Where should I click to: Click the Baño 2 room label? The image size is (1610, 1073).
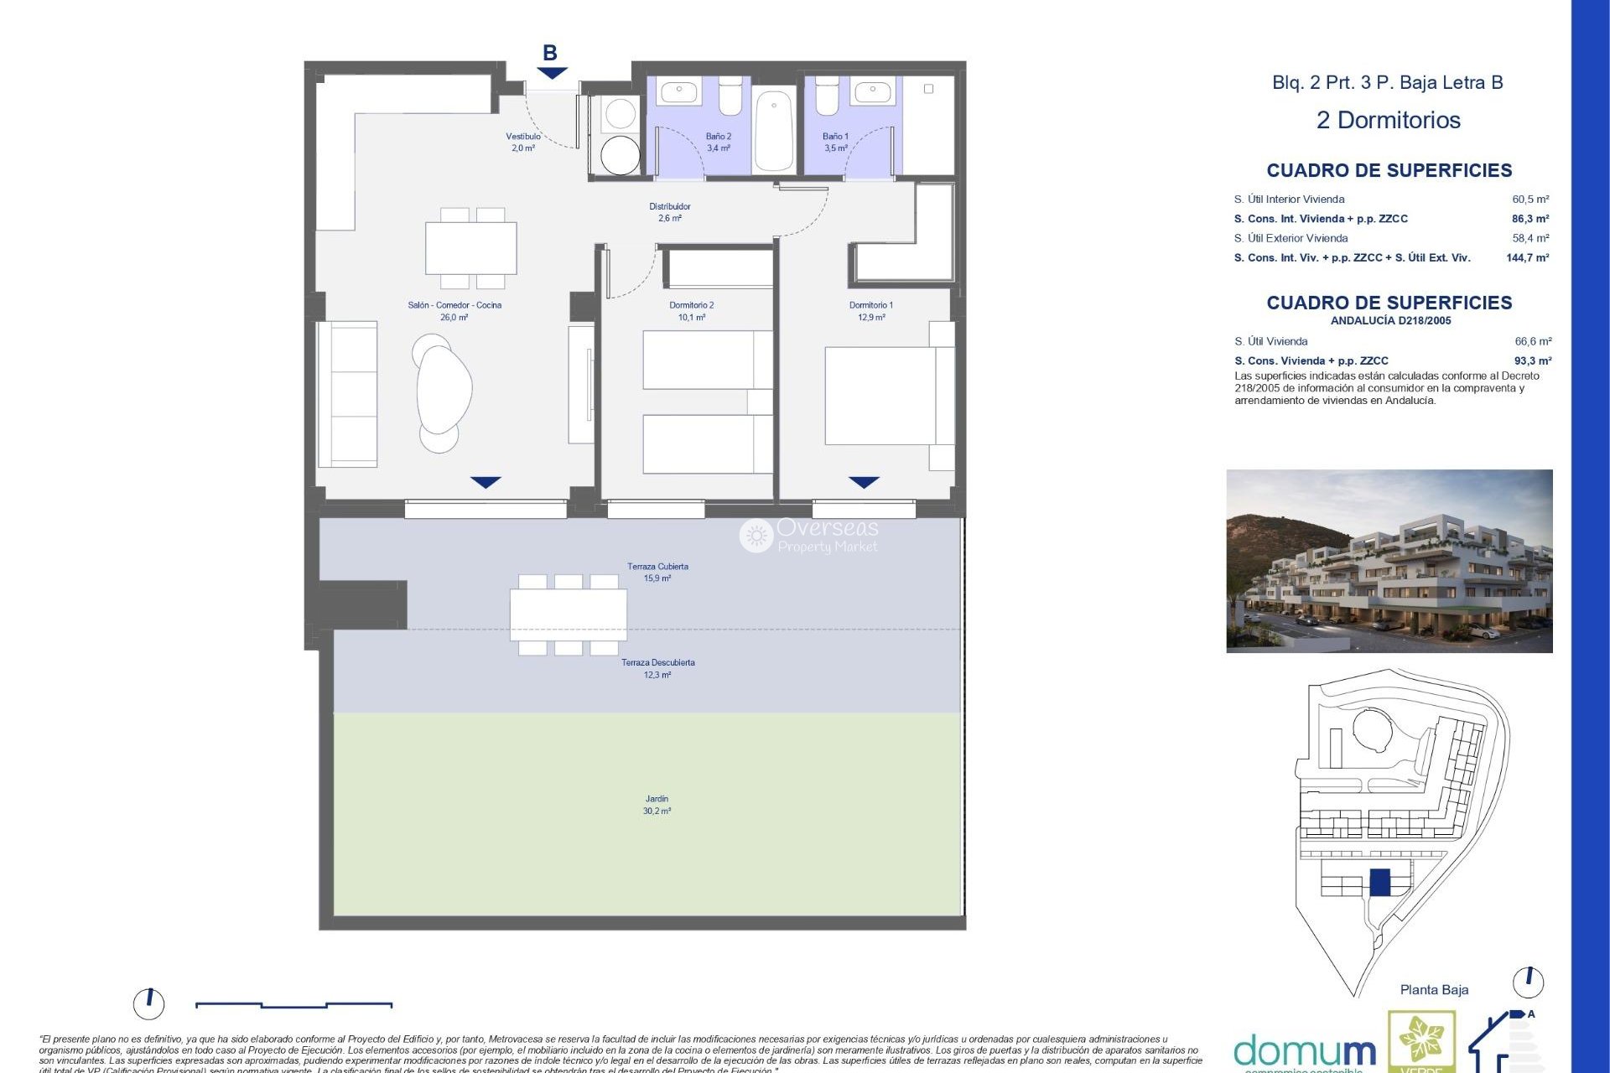click(x=718, y=142)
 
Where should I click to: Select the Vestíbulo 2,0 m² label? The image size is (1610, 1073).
click(x=523, y=142)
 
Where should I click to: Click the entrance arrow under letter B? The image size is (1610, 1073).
click(x=552, y=74)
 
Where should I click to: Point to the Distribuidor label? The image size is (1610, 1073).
click(x=669, y=212)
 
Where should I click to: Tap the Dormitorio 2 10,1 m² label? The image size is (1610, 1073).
click(x=691, y=311)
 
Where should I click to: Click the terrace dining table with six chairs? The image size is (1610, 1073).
click(x=568, y=614)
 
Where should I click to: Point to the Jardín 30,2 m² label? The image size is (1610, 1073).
click(x=657, y=805)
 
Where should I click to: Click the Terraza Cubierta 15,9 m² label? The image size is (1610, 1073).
click(x=657, y=573)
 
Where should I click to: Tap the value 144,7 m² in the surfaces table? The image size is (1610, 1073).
click(x=1527, y=258)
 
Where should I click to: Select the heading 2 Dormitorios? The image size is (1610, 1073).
click(x=1388, y=120)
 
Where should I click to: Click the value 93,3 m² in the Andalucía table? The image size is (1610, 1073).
click(x=1532, y=361)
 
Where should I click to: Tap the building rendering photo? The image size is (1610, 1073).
click(x=1389, y=561)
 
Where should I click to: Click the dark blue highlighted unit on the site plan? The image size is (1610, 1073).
click(x=1379, y=882)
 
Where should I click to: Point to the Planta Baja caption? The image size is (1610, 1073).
click(x=1433, y=990)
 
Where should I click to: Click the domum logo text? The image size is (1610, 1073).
click(x=1304, y=1050)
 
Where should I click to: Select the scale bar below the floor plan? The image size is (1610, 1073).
click(x=293, y=1004)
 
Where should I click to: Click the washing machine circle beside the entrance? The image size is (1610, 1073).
click(x=620, y=155)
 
